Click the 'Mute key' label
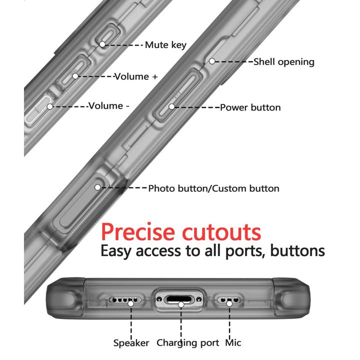click(165, 45)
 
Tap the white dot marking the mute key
click(102, 44)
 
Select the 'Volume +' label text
click(136, 76)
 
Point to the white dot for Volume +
click(75, 76)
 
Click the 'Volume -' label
click(109, 106)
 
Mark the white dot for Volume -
click(50, 106)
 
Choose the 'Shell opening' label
click(284, 62)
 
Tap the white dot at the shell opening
click(212, 61)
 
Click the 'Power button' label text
click(250, 107)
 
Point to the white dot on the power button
click(171, 106)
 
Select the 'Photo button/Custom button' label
click(214, 188)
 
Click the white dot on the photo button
click(97, 187)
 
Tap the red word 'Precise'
click(138, 232)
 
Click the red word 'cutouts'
click(221, 232)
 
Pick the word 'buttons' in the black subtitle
click(297, 250)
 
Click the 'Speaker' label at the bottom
click(131, 343)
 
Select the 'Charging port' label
click(188, 343)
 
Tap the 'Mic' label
click(233, 343)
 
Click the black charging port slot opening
click(179, 299)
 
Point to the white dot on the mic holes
click(229, 304)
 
